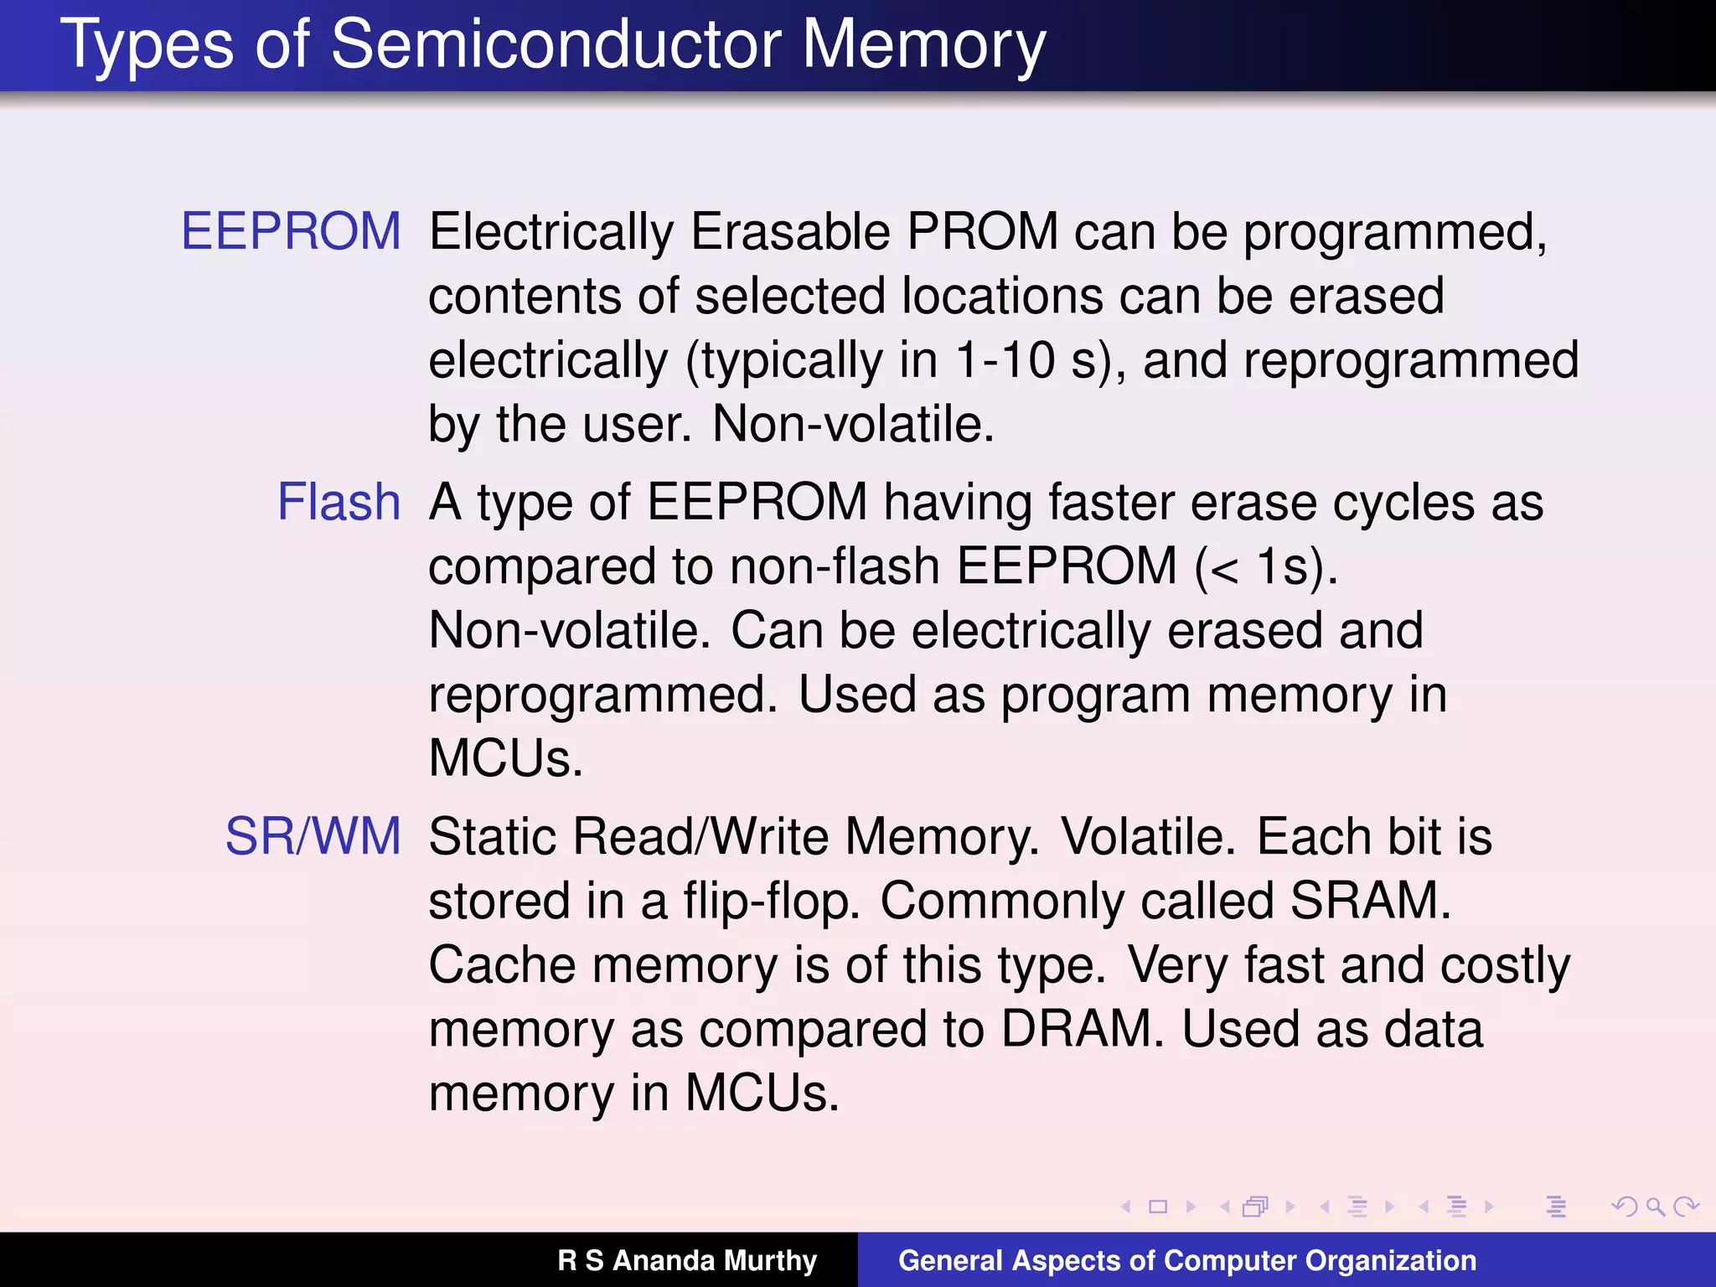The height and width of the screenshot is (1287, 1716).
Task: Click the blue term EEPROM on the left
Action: pos(291,231)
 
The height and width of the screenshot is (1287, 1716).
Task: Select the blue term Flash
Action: pos(339,503)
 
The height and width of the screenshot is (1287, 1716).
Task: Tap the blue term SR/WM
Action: pos(313,836)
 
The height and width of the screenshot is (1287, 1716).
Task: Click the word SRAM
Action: pos(1369,901)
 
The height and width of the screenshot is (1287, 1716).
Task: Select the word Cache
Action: pos(502,965)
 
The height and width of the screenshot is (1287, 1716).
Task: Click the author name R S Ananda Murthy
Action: pos(687,1260)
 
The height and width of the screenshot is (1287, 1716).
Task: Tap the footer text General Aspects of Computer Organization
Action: pos(1186,1260)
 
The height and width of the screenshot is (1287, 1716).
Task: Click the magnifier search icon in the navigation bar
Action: pos(1655,1207)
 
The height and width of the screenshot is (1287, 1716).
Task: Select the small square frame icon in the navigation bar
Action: pos(1158,1207)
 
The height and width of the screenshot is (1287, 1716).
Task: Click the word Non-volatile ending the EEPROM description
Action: pos(853,424)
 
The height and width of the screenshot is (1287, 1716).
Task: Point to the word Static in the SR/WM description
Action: pos(494,836)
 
